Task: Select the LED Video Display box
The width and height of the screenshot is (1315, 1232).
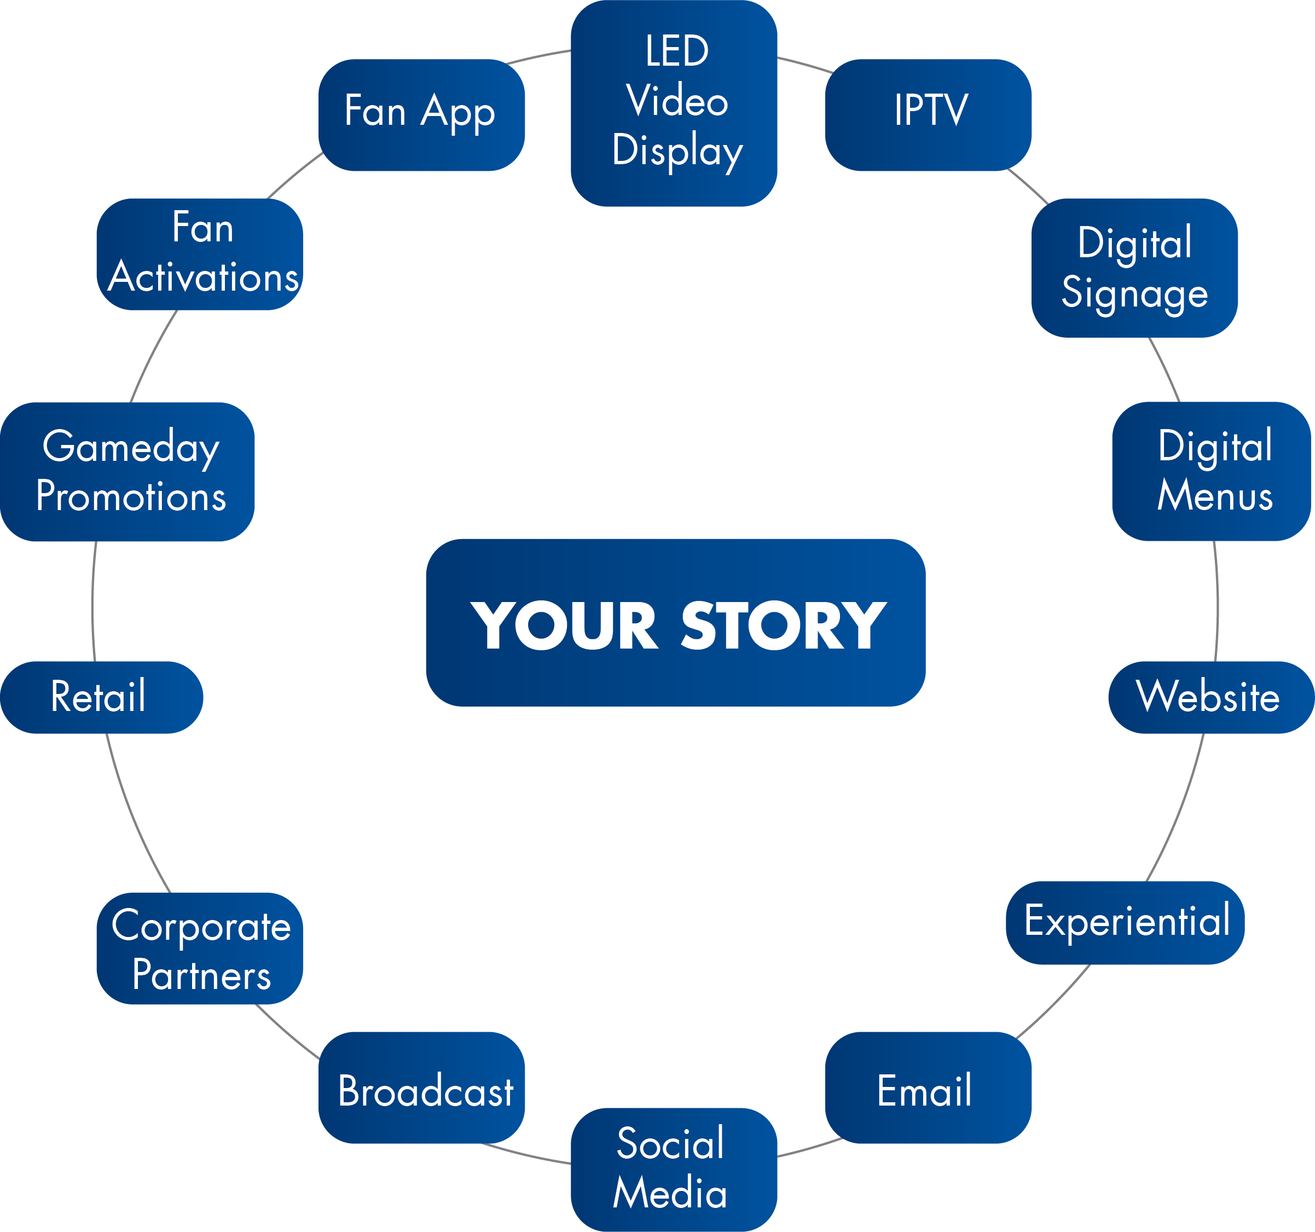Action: pos(674,102)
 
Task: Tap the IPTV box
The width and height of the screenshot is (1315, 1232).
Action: pos(928,114)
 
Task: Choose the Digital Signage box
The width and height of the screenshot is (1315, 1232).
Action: pos(1134,267)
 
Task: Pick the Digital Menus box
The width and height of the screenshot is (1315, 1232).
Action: pos(1211,471)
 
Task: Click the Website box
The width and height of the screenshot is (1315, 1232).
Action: pos(1211,697)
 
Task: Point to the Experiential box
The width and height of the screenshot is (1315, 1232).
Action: pos(1125,922)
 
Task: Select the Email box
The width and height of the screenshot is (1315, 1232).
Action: pos(928,1088)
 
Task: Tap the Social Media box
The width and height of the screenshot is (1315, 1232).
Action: pos(674,1169)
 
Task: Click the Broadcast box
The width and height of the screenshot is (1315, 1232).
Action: pos(421,1088)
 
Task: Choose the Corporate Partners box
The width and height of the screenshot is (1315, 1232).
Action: pos(200,948)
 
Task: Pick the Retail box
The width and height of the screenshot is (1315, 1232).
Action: pos(101,697)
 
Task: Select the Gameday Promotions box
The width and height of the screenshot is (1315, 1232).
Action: pos(127,472)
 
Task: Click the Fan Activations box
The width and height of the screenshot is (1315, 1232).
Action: pos(200,254)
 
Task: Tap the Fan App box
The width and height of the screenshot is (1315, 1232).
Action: pos(421,114)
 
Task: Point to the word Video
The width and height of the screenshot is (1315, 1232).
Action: pos(677,101)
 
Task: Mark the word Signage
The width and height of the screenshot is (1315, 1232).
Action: pos(1134,292)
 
